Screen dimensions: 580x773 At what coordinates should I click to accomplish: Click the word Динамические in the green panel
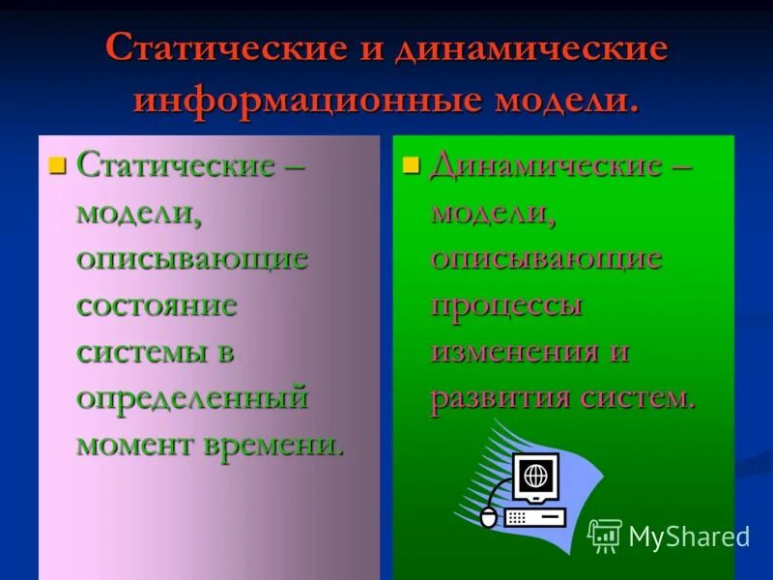click(x=546, y=164)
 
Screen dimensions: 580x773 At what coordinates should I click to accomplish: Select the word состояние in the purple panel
click(x=157, y=305)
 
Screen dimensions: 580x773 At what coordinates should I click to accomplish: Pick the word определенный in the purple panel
click(x=192, y=397)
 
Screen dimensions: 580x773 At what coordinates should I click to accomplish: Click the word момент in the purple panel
click(x=136, y=444)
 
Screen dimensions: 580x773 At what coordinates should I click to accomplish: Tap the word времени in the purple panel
click(x=274, y=444)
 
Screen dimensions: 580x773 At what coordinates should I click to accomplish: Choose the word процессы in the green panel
click(x=507, y=305)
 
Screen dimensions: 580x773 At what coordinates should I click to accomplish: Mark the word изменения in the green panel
click(x=515, y=351)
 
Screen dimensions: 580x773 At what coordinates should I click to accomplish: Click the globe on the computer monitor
click(x=534, y=476)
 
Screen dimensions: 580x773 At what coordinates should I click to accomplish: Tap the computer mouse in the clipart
click(x=489, y=518)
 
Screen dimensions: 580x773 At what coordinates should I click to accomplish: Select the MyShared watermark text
click(x=689, y=536)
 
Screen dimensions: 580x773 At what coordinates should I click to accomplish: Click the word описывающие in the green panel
click(x=547, y=258)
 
